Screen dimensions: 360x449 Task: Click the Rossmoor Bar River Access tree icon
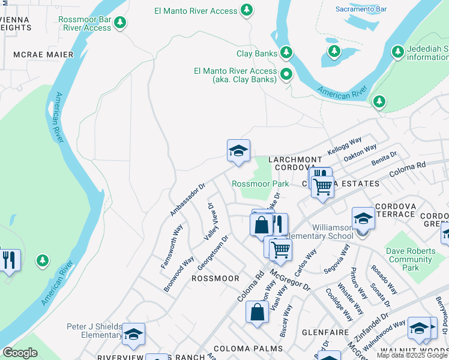121,23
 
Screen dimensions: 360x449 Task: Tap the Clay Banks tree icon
286,53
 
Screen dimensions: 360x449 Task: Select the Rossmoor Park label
261,184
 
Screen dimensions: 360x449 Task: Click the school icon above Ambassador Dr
238,151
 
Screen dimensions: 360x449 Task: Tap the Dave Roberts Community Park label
411,259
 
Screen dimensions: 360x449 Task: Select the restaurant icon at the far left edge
8,260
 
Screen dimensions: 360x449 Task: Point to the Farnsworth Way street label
171,246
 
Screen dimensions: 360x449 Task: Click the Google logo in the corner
20,353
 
